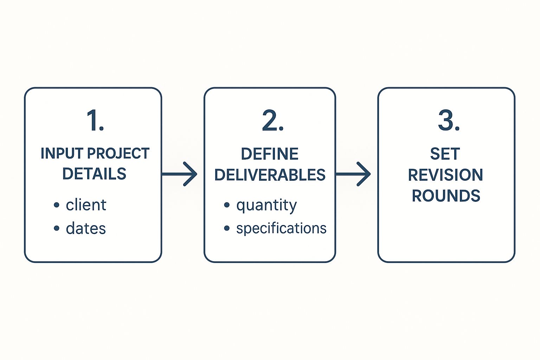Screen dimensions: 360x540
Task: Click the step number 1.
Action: pyautogui.click(x=95, y=121)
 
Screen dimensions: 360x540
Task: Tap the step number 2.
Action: pyautogui.click(x=272, y=121)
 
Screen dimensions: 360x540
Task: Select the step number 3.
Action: pyautogui.click(x=449, y=121)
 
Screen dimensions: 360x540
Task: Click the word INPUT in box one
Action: pyautogui.click(x=62, y=154)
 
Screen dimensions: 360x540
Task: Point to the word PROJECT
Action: pyautogui.click(x=118, y=154)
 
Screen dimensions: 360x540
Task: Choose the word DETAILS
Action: pyautogui.click(x=94, y=174)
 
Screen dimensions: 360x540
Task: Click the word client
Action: pyautogui.click(x=86, y=205)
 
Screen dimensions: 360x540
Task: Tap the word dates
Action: pyautogui.click(x=86, y=229)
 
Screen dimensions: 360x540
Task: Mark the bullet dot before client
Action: pyautogui.click(x=57, y=205)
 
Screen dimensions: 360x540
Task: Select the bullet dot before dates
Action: pyautogui.click(x=57, y=229)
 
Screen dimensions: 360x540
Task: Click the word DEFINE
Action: pyautogui.click(x=270, y=154)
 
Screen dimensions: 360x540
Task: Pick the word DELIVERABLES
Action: pyautogui.click(x=270, y=175)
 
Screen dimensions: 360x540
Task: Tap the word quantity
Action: pyautogui.click(x=266, y=205)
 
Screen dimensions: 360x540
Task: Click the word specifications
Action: pyautogui.click(x=281, y=229)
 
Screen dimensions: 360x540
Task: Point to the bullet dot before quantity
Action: pyautogui.click(x=227, y=205)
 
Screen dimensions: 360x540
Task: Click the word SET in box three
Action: pyautogui.click(x=445, y=154)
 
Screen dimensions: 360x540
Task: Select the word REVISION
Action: pyautogui.click(x=445, y=175)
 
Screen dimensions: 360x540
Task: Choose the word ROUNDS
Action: pyautogui.click(x=446, y=196)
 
